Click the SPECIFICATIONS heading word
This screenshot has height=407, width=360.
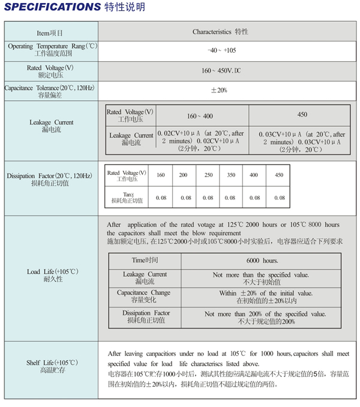[x=50, y=7]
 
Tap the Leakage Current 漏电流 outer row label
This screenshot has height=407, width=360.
[x=52, y=126]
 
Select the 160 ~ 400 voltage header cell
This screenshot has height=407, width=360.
[x=200, y=115]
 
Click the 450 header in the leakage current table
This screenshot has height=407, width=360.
[x=302, y=115]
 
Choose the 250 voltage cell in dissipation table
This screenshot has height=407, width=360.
[x=208, y=175]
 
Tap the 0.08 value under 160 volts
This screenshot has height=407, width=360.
[x=161, y=197]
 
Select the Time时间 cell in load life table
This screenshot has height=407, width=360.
[x=145, y=261]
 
